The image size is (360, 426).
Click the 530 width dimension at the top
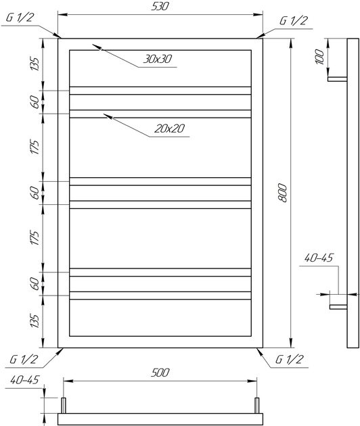pyautogui.click(x=160, y=7)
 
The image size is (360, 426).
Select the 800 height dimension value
pyautogui.click(x=283, y=193)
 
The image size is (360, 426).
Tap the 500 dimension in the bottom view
pyautogui.click(x=160, y=373)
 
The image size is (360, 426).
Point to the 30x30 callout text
pyautogui.click(x=158, y=59)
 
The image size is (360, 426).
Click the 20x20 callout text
pyautogui.click(x=170, y=128)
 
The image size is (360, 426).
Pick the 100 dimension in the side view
pyautogui.click(x=320, y=57)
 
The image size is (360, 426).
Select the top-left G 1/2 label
pyautogui.click(x=20, y=18)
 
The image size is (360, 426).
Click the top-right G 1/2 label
pyautogui.click(x=294, y=21)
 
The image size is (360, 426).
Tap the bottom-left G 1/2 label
pyautogui.click(x=24, y=359)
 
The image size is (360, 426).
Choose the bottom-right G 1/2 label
pyautogui.click(x=289, y=359)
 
